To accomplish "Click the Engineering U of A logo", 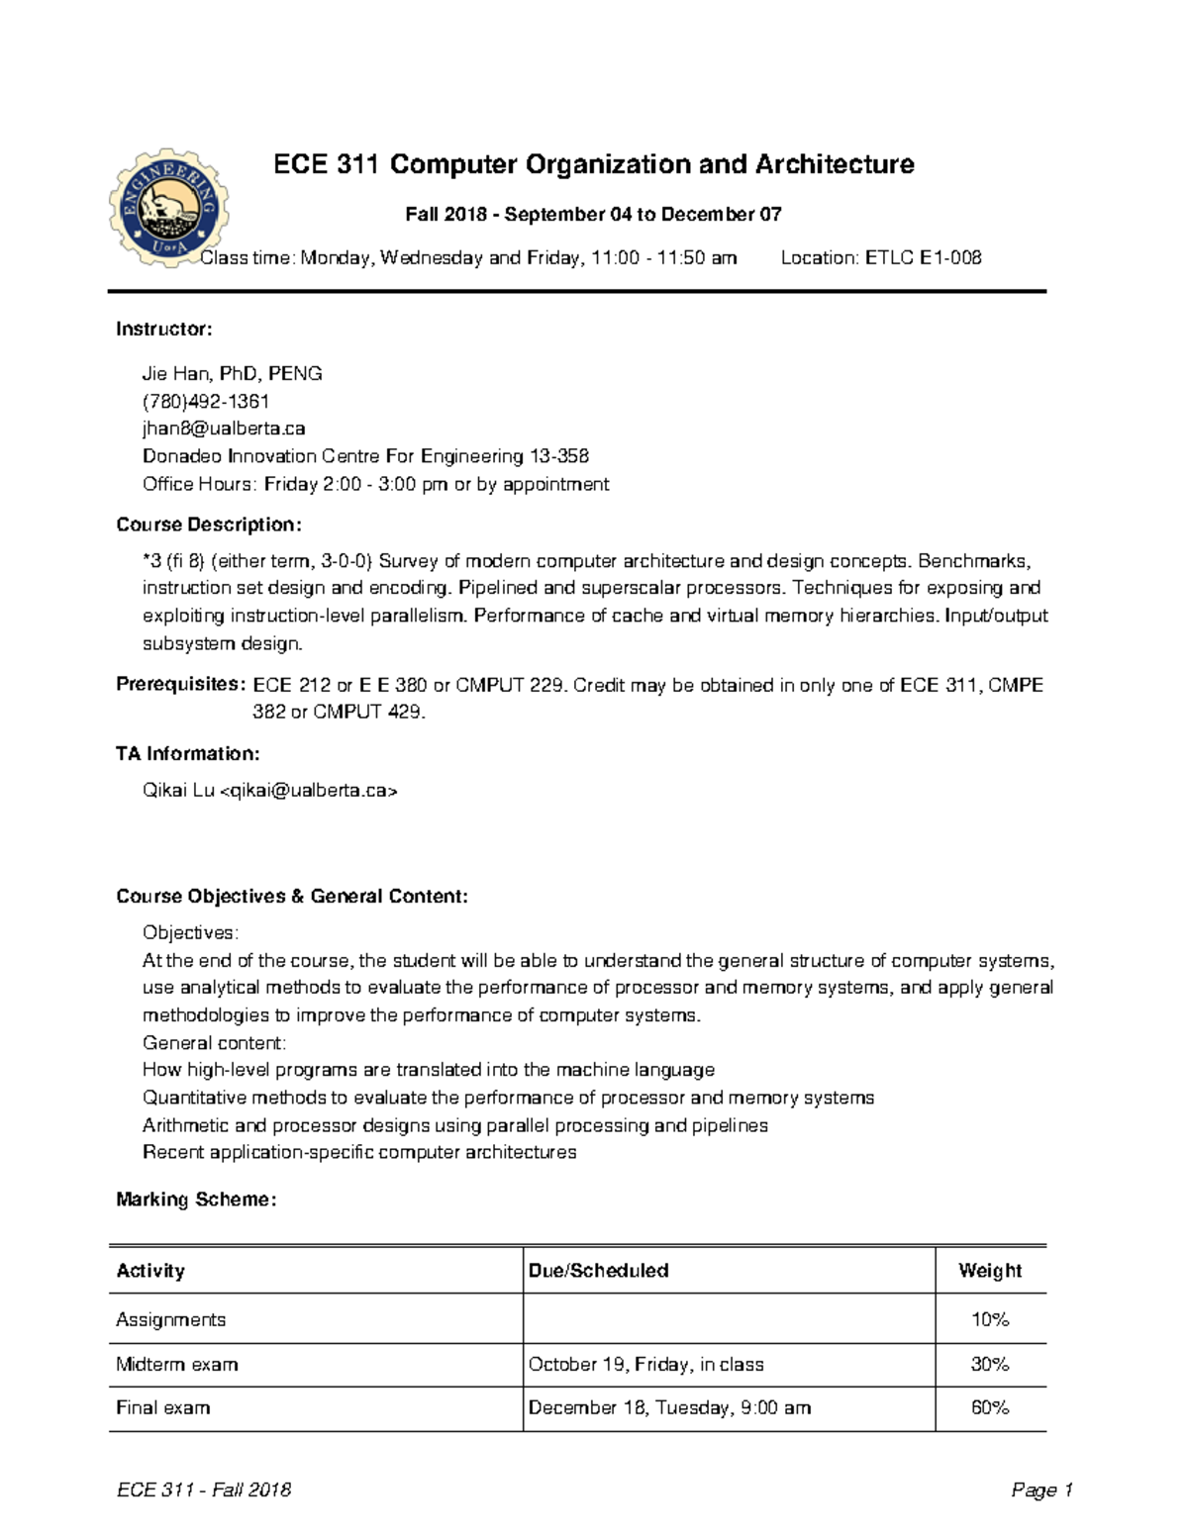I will click(x=168, y=208).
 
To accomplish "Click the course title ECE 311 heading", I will click(x=593, y=164).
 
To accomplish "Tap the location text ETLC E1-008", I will click(x=881, y=258).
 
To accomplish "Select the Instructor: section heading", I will click(x=164, y=329).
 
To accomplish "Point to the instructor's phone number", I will click(x=206, y=401).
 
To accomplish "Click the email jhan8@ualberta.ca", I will click(x=224, y=429).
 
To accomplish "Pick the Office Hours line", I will click(x=375, y=484).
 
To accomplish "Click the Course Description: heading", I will click(x=209, y=525).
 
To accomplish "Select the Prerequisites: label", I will click(x=180, y=685).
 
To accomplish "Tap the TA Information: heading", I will click(x=188, y=754).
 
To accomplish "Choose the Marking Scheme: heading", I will click(x=196, y=1200).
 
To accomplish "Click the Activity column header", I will click(x=150, y=1271).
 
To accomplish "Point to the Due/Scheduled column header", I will click(x=598, y=1271).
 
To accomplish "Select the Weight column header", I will click(x=990, y=1271).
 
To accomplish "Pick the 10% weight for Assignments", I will click(x=990, y=1319).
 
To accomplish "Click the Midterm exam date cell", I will click(x=645, y=1365).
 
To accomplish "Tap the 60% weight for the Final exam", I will click(x=990, y=1408).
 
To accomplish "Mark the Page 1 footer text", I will click(x=1041, y=1490).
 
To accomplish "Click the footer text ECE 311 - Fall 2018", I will click(x=204, y=1490).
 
